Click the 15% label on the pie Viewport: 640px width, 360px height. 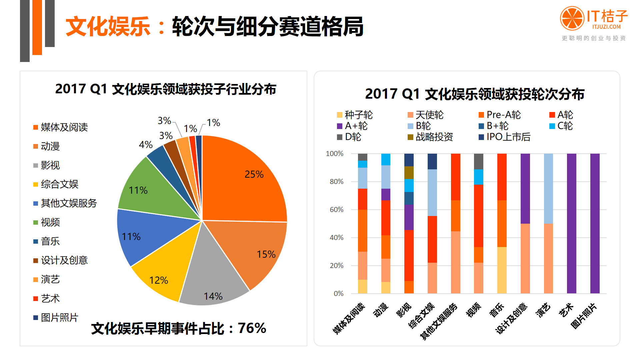266,254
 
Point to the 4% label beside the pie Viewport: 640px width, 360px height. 146,145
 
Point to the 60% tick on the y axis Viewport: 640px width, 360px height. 336,210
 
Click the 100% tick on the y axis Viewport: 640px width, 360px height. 335,154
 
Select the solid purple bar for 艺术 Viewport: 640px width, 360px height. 571,223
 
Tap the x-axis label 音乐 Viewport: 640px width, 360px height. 496,310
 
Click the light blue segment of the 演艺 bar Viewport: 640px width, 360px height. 548,188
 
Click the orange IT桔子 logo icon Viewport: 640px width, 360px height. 572,18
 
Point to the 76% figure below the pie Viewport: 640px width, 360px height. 252,328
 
